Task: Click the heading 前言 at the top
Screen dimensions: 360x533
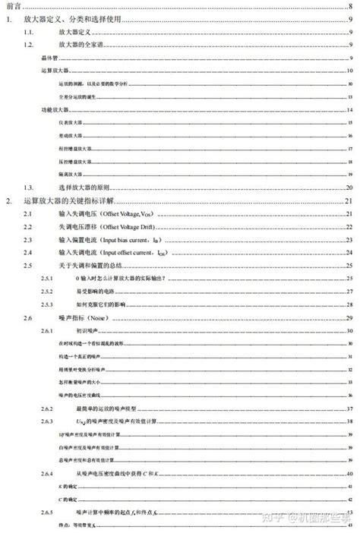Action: pyautogui.click(x=13, y=8)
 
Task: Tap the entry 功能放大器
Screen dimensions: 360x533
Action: pyautogui.click(x=52, y=110)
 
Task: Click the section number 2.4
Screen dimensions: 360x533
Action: pyautogui.click(x=28, y=252)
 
